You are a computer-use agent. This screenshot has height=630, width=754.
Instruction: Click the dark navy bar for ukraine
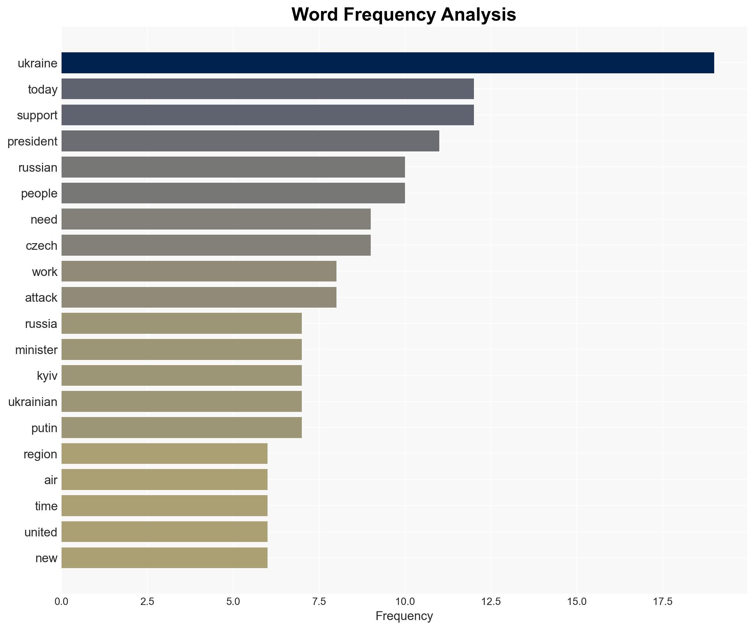pyautogui.click(x=387, y=63)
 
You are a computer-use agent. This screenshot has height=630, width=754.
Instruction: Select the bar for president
pyautogui.click(x=250, y=141)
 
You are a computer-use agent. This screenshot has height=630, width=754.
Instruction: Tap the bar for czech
pyautogui.click(x=216, y=245)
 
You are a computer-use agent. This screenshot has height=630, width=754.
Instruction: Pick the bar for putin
pyautogui.click(x=182, y=428)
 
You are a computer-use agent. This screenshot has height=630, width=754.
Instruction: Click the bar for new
pyautogui.click(x=164, y=558)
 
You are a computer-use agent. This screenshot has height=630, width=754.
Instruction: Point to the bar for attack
pyautogui.click(x=199, y=297)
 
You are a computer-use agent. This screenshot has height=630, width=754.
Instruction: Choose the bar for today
pyautogui.click(x=268, y=89)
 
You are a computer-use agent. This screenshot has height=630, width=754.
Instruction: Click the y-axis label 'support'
pyautogui.click(x=37, y=115)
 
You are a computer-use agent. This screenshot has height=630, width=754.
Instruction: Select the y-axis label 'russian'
pyautogui.click(x=38, y=168)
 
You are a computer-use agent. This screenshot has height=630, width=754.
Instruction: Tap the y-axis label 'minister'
pyautogui.click(x=36, y=350)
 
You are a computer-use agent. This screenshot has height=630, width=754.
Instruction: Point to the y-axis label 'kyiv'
pyautogui.click(x=47, y=376)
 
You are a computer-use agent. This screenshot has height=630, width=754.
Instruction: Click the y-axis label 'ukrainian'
pyautogui.click(x=33, y=402)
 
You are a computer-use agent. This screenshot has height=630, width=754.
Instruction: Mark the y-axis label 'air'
pyautogui.click(x=51, y=480)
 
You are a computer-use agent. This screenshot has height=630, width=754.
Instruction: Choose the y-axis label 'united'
pyautogui.click(x=41, y=532)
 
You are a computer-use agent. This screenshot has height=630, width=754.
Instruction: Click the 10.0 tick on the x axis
pyautogui.click(x=405, y=602)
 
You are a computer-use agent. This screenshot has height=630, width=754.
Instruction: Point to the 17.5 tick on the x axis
pyautogui.click(x=663, y=602)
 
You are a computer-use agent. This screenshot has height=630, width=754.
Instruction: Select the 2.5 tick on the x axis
pyautogui.click(x=147, y=602)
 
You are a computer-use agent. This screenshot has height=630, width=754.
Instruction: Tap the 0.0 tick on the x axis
pyautogui.click(x=62, y=602)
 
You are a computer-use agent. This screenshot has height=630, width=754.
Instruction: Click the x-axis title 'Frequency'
pyautogui.click(x=404, y=616)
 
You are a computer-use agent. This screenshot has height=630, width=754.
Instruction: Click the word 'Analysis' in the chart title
pyautogui.click(x=478, y=15)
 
